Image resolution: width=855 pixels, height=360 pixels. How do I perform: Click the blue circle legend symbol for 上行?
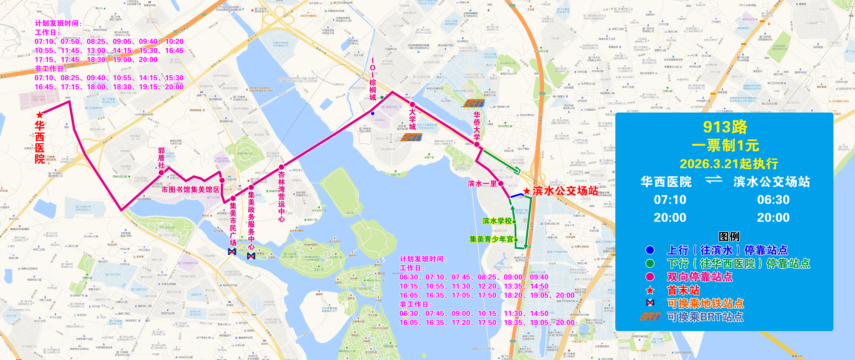(650, 250)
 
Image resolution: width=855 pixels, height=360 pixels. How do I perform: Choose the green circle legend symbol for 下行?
(650, 263)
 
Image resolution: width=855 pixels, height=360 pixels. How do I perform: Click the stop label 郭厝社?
(161, 158)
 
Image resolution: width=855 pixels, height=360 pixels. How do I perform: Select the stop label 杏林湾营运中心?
(282, 196)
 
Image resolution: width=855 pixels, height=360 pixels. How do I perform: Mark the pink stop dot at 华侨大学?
(477, 144)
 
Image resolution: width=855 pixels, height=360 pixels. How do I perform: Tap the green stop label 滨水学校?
(497, 221)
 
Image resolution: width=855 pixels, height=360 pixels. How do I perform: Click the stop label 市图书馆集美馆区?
(191, 190)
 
